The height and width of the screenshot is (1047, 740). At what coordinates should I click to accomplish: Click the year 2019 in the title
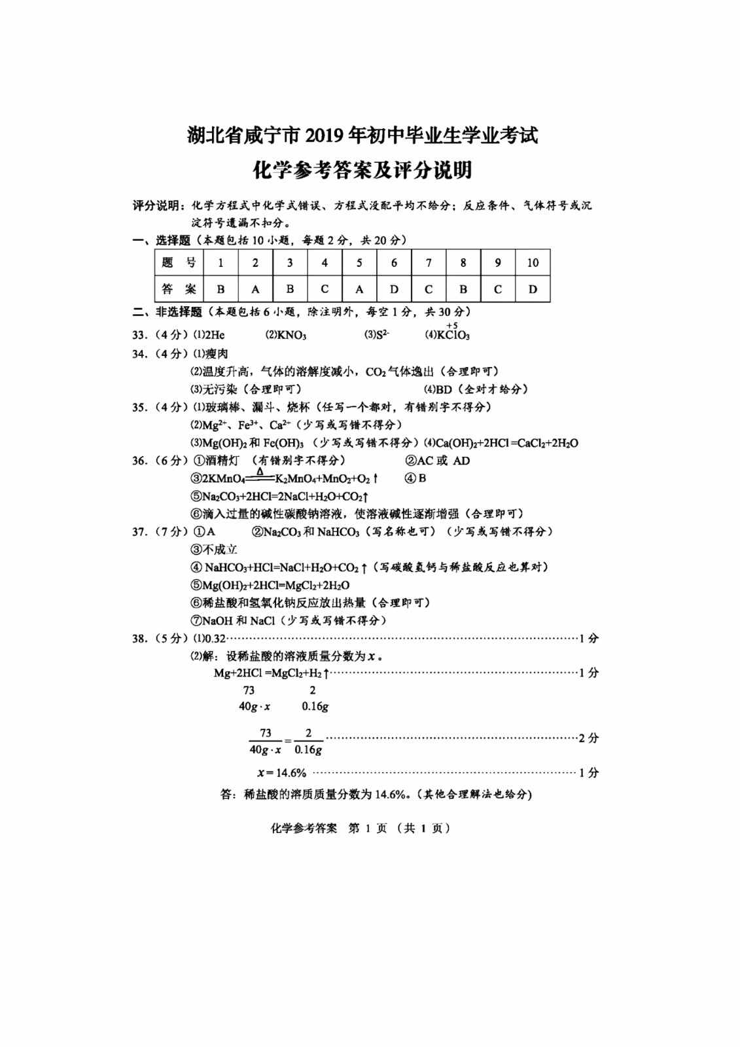[325, 135]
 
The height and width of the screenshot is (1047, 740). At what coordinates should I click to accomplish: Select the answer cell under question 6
[394, 289]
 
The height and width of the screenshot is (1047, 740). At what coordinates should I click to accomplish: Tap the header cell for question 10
[533, 262]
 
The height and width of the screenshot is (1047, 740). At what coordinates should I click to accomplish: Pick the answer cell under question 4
[325, 289]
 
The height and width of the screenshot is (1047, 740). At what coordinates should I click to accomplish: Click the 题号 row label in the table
[179, 262]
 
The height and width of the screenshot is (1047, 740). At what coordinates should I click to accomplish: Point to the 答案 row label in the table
[179, 289]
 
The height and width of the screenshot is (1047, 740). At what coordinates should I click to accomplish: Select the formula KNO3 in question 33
[291, 335]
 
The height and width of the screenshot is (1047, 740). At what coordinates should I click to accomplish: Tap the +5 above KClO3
[452, 325]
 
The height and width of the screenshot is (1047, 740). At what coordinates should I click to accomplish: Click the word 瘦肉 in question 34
[217, 353]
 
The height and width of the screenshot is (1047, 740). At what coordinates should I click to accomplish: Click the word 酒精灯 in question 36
[222, 461]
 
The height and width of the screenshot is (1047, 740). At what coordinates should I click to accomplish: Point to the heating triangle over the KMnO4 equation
[260, 471]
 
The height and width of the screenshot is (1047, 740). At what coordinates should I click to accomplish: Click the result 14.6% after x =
[291, 773]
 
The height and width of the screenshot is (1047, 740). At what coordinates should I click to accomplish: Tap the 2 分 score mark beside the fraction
[588, 738]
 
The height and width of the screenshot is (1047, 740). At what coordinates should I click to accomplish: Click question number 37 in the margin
[139, 531]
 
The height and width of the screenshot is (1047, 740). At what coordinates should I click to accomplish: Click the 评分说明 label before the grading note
[156, 205]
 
